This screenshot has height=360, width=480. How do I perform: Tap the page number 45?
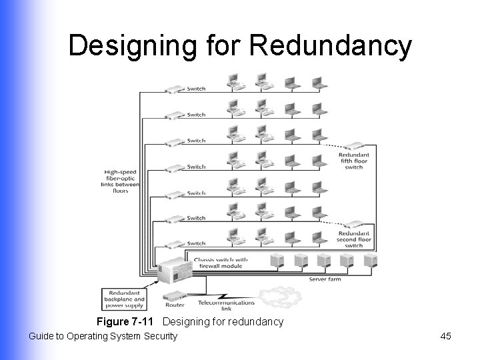[x=446, y=336]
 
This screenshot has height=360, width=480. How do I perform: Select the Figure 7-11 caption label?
[x=127, y=322]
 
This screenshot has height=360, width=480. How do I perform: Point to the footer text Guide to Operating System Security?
[x=103, y=336]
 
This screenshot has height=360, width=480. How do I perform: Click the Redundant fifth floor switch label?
[x=354, y=160]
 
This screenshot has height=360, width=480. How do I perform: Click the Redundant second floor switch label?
[x=354, y=239]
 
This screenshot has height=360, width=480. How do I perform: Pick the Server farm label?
[x=325, y=279]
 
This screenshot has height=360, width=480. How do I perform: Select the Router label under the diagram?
[x=175, y=305]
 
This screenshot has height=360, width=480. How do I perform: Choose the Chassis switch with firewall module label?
[x=221, y=263]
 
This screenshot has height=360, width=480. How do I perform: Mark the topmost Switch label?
[x=196, y=89]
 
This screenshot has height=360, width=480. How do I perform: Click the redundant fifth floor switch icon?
[x=354, y=146]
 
